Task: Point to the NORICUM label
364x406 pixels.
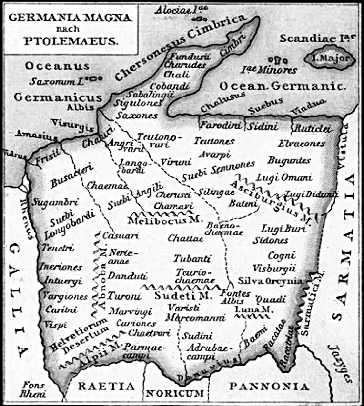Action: [x=179, y=392]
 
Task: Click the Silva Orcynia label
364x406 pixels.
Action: [x=271, y=281]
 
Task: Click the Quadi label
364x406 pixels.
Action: [x=268, y=299]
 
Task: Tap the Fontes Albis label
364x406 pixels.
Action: [x=236, y=298]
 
